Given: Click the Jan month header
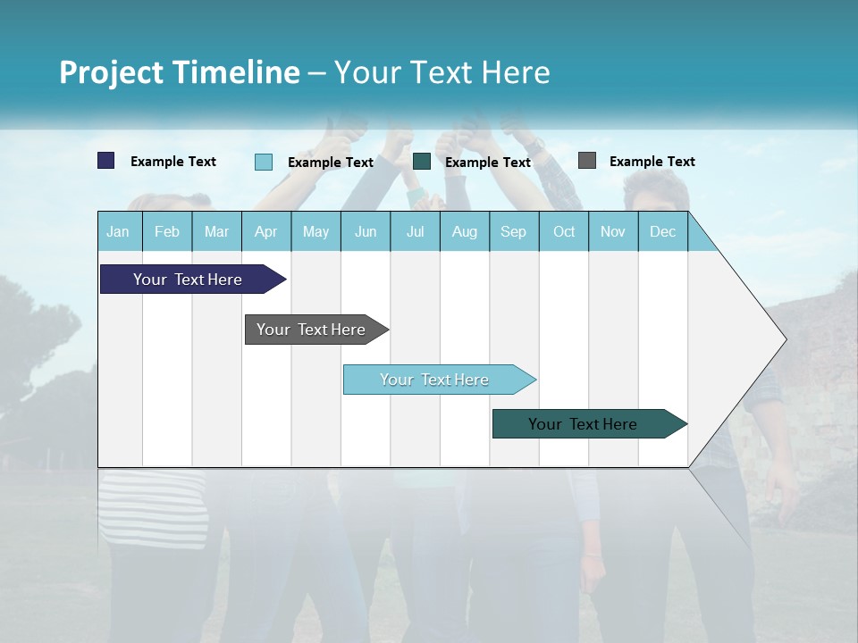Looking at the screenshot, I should (119, 231).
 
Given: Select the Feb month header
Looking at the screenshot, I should (167, 231).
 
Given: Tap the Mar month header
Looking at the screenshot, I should (216, 231).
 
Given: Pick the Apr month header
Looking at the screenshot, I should (266, 231).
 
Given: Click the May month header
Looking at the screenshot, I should (315, 231).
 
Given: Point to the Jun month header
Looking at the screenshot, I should (366, 231).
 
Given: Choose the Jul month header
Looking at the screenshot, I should (415, 231).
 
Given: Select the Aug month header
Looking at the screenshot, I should (465, 231).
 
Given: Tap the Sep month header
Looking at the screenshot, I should (514, 231).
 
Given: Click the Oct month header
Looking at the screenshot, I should (564, 231).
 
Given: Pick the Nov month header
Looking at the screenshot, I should (613, 231).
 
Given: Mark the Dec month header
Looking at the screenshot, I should (663, 231).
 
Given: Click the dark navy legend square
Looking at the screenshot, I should (106, 161).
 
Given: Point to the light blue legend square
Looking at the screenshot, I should (264, 162).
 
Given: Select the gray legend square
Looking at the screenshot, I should (587, 161).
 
